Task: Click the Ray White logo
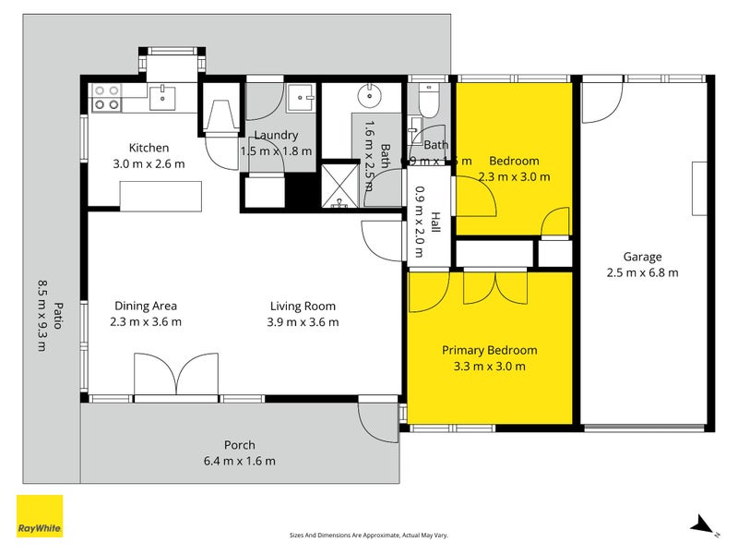(x=40, y=516)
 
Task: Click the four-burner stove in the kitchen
(x=107, y=97)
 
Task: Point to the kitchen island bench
(x=161, y=195)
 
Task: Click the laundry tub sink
(x=301, y=98)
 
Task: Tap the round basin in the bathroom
(x=372, y=94)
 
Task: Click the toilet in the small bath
(x=427, y=97)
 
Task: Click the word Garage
(x=642, y=258)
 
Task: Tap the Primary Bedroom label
(x=489, y=351)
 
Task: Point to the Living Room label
(x=303, y=307)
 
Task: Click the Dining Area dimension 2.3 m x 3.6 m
(x=146, y=322)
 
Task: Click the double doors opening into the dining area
(x=175, y=377)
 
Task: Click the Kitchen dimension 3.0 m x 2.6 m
(x=149, y=164)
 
